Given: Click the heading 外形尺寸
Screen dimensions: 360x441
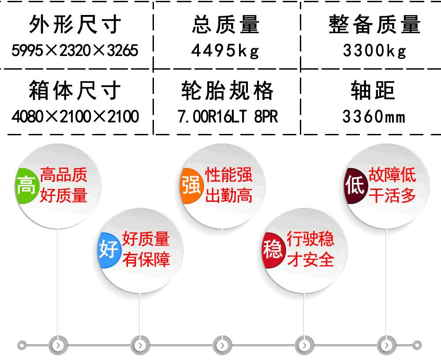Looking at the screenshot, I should coord(75,25).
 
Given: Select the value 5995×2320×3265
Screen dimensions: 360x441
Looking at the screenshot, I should coord(75,51).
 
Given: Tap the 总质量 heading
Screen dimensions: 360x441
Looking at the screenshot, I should coord(225,25).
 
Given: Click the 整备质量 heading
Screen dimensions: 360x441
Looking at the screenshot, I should coord(374,25).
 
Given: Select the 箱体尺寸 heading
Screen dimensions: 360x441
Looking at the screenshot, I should coord(75,91).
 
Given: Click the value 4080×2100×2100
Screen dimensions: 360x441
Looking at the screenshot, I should coord(75,117).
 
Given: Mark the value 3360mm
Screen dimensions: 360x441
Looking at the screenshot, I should coord(374,117).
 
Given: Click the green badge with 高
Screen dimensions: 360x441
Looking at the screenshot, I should coord(26,186).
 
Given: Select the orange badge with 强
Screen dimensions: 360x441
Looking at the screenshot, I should coord(191,186).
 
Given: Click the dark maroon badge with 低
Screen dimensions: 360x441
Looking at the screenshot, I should coord(355,186).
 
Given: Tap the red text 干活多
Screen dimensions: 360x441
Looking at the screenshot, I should coord(392,196).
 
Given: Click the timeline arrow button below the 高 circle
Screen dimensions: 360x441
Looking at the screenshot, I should coord(58,345).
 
